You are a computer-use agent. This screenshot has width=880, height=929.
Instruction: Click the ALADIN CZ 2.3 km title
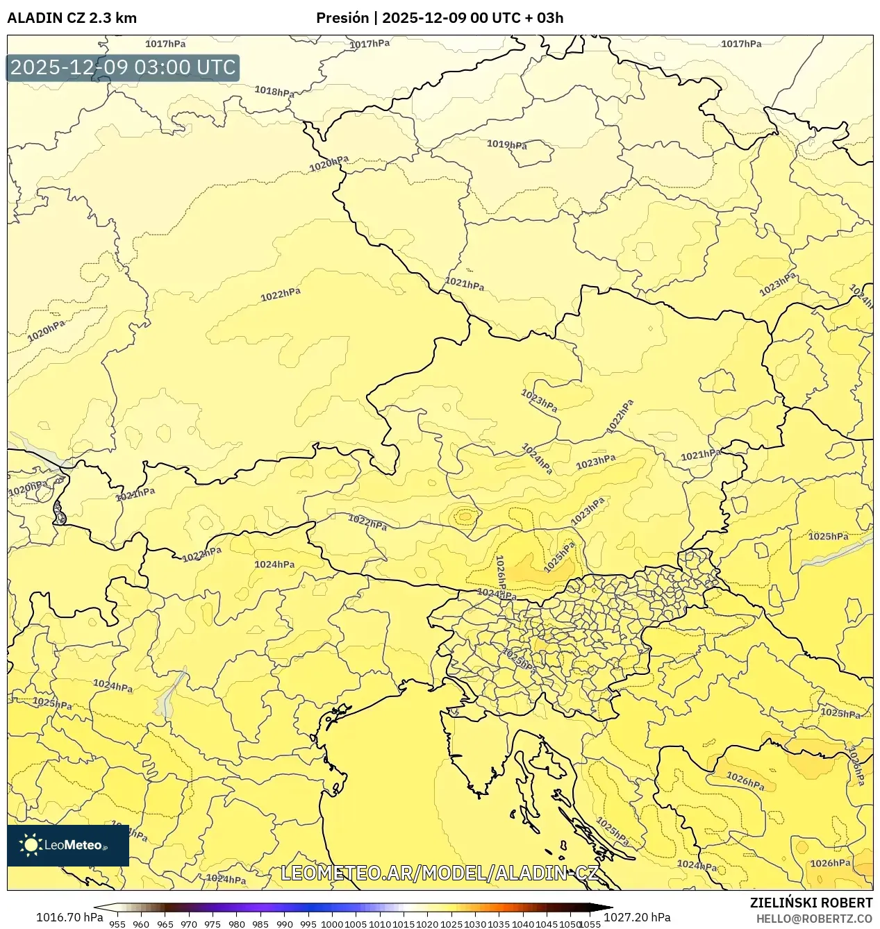pyautogui.click(x=72, y=18)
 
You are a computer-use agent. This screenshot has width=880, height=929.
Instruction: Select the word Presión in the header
pyautogui.click(x=342, y=18)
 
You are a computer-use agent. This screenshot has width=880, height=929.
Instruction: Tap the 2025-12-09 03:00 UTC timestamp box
pyautogui.click(x=123, y=68)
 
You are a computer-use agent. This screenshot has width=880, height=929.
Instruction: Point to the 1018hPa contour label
pyautogui.click(x=274, y=91)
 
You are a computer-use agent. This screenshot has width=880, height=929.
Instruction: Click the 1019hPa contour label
pyautogui.click(x=506, y=144)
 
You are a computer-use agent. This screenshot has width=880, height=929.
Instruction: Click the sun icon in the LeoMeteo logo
pyautogui.click(x=31, y=845)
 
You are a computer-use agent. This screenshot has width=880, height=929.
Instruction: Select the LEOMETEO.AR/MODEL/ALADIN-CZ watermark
pyautogui.click(x=439, y=873)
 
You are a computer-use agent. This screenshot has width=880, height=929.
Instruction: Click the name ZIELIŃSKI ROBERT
pyautogui.click(x=811, y=903)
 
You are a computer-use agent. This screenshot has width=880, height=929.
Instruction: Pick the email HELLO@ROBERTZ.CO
pyautogui.click(x=814, y=918)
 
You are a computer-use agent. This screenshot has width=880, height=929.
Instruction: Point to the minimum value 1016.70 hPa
pyautogui.click(x=69, y=917)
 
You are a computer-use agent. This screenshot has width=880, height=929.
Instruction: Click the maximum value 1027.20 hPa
pyautogui.click(x=637, y=917)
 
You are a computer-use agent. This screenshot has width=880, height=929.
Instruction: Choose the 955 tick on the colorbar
pyautogui.click(x=117, y=923)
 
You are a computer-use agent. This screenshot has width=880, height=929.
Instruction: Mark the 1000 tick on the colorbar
pyautogui.click(x=332, y=923)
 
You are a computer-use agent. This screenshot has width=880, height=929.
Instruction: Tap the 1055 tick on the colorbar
pyautogui.click(x=590, y=923)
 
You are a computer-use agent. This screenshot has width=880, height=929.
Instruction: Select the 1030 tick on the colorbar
pyautogui.click(x=475, y=923)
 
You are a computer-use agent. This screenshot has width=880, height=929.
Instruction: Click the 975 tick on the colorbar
pyautogui.click(x=213, y=923)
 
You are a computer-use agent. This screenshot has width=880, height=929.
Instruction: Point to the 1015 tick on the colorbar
pyautogui.click(x=404, y=923)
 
